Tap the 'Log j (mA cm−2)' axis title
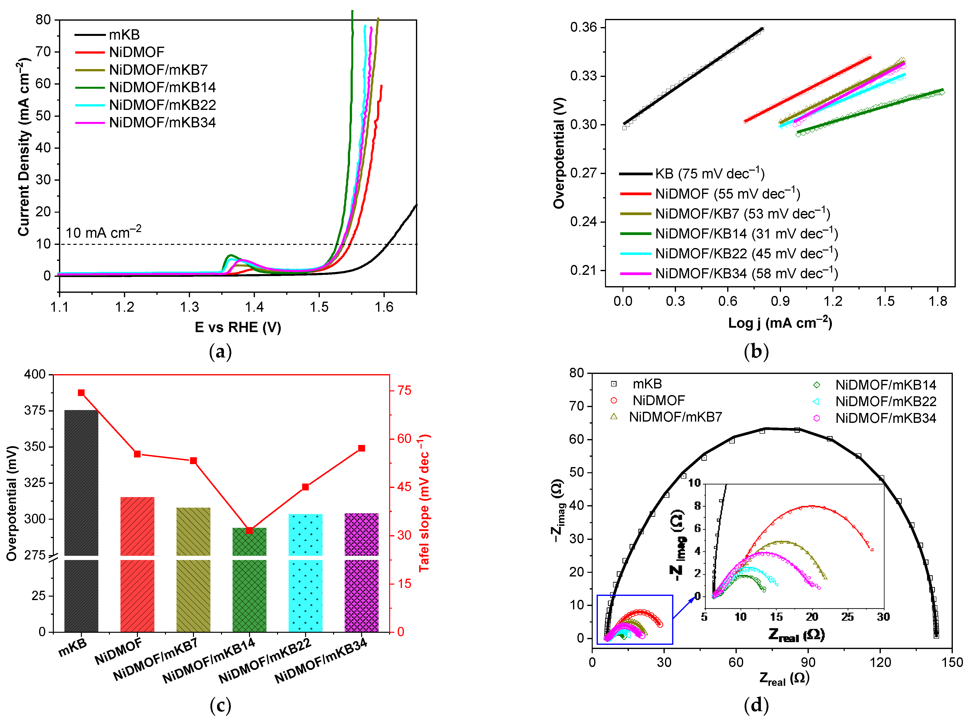pyautogui.click(x=780, y=323)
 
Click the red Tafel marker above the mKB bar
pyautogui.click(x=81, y=393)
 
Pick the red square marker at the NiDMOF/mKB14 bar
pyautogui.click(x=249, y=530)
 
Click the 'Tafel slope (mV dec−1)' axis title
pyautogui.click(x=424, y=503)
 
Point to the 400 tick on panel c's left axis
pyautogui.click(x=35, y=374)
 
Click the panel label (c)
pyautogui.click(x=220, y=705)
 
